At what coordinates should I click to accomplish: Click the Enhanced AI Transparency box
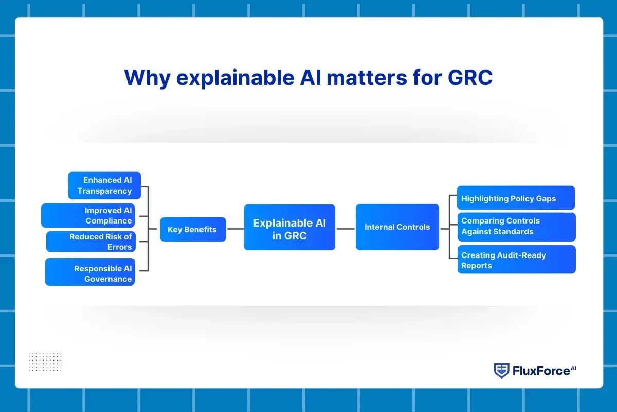point(104,185)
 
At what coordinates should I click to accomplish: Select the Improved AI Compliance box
point(88,215)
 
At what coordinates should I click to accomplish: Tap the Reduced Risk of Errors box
point(91,242)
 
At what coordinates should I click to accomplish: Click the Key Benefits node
point(193,229)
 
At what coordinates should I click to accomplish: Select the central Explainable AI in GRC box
point(289,227)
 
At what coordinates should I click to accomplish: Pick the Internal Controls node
point(397,227)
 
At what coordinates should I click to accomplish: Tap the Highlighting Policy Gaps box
point(516,198)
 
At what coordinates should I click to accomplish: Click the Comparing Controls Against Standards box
point(516,227)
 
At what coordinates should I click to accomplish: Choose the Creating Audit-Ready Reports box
point(516,260)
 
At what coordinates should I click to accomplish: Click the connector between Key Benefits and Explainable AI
point(235,229)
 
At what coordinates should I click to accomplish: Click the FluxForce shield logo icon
point(501,370)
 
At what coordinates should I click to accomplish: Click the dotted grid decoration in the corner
point(45,362)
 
